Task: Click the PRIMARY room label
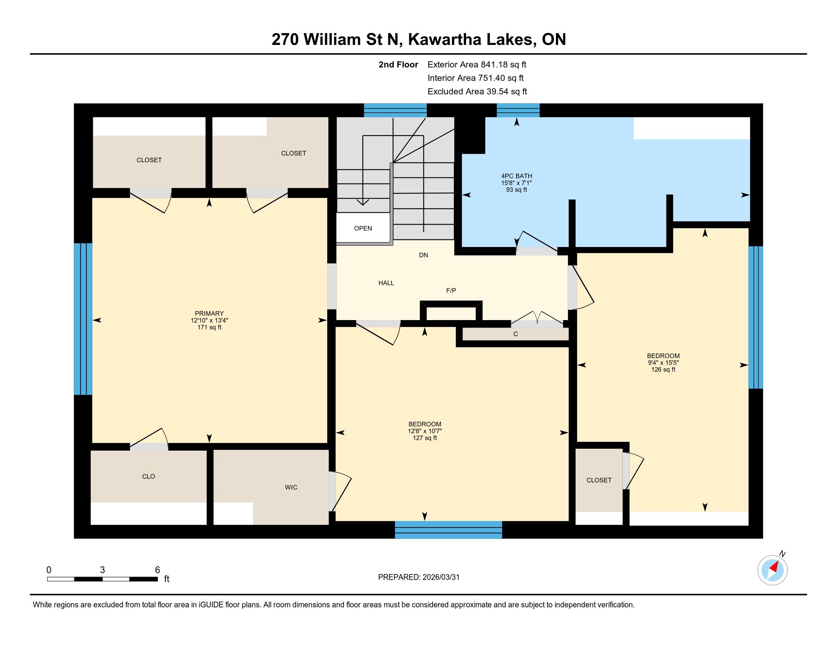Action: [209, 313]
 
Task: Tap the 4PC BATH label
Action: [517, 176]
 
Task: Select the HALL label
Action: [386, 283]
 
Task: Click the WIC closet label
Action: [291, 487]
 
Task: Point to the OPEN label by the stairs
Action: [363, 228]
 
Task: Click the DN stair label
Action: [423, 255]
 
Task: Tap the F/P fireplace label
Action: [451, 290]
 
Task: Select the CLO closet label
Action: [148, 476]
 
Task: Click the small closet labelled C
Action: [516, 334]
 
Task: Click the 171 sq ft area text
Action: [209, 327]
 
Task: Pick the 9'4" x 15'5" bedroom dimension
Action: [663, 363]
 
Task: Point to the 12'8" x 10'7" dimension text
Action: [425, 431]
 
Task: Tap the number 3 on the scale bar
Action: [102, 570]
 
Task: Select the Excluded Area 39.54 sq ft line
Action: [477, 91]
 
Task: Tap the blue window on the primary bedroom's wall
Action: [83, 319]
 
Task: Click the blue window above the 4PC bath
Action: [518, 110]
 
